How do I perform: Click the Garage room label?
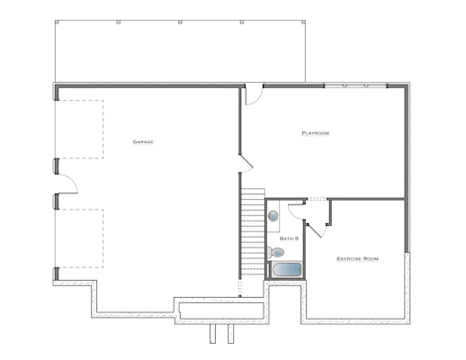point(143,142)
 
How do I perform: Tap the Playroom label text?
point(316,133)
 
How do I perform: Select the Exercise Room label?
point(357,258)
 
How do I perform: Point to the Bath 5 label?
point(289,238)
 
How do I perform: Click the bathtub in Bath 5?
point(286,270)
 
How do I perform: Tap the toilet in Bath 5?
point(275,253)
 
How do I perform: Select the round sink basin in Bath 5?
point(273,216)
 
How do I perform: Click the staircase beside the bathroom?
point(253,233)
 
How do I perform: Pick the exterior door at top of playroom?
point(254,94)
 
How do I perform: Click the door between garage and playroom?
point(246,164)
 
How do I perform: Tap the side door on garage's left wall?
point(67,184)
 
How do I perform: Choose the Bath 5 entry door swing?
point(296,211)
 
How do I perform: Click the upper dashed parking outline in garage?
point(80,129)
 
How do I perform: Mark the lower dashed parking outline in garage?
point(80,238)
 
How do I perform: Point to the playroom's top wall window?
point(355,85)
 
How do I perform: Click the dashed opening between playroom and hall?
point(318,199)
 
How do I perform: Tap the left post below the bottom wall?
point(212,334)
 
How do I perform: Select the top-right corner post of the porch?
point(303,22)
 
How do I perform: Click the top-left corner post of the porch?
point(57,22)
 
